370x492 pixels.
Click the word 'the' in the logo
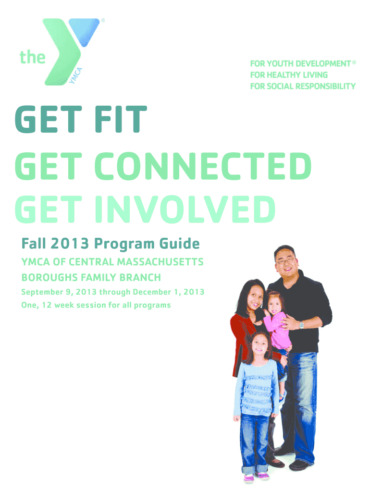pos(32,57)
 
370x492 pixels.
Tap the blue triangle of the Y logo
pos(84,31)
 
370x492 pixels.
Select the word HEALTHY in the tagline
pos(284,75)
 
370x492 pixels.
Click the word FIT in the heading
pos(121,119)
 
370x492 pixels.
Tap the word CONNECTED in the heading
pos(203,166)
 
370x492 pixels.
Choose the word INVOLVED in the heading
pos(185,209)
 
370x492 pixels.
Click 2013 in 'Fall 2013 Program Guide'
pos(70,244)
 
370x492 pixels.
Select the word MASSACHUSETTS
pos(159,262)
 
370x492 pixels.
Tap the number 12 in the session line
pos(47,305)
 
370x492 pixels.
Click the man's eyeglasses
pos(285,260)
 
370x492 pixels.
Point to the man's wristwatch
pos(302,325)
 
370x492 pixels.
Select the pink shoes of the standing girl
pos(257,477)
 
